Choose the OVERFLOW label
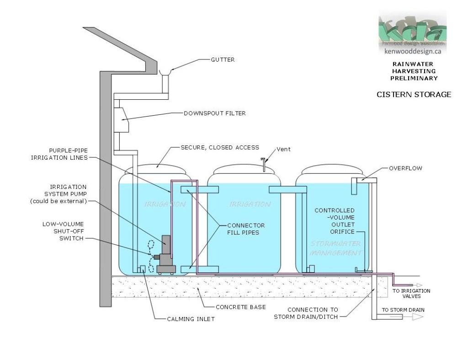point(406,168)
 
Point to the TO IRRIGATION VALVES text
point(411,293)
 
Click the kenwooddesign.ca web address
point(412,52)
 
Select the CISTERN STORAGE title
point(414,95)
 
